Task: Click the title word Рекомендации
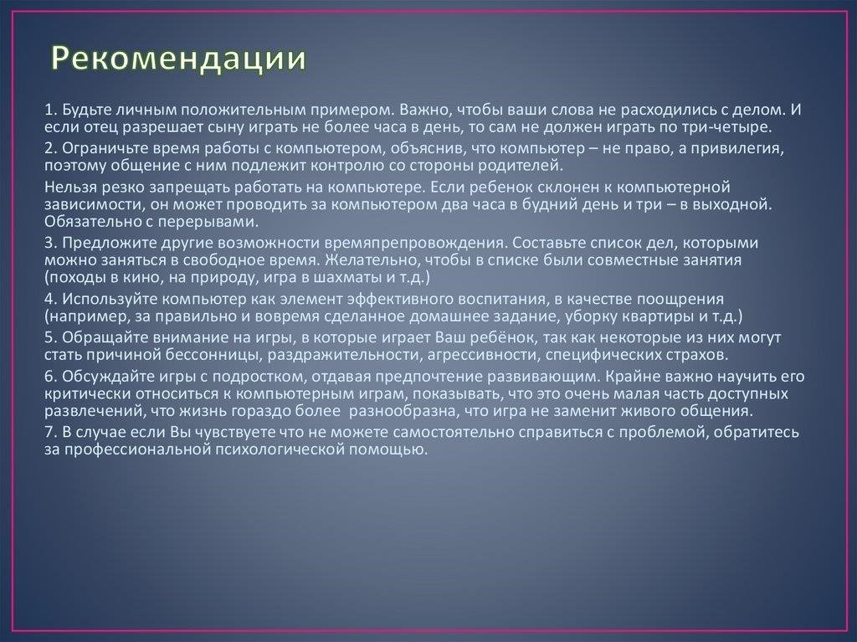179,59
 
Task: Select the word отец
100,127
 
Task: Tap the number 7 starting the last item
49,433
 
